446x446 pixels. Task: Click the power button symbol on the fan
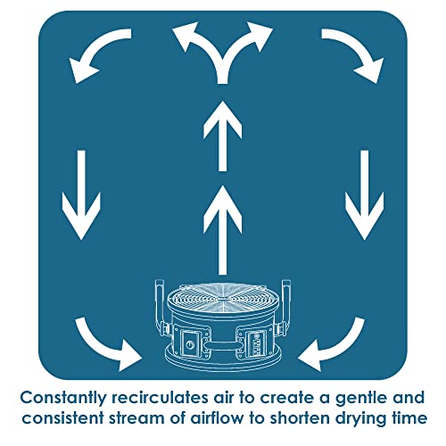coord(190,345)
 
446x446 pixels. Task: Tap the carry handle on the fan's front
coord(222,346)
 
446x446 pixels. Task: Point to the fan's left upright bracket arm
coord(160,305)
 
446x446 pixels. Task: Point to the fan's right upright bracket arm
coord(285,305)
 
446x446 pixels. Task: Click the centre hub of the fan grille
coord(222,298)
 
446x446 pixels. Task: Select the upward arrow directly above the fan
coord(222,230)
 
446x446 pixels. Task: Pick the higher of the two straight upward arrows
coord(222,136)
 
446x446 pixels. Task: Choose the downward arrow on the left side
coord(81,194)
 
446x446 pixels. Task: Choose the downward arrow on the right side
coord(365,194)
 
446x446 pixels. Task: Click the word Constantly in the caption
coord(63,399)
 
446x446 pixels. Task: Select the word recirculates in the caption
coord(161,398)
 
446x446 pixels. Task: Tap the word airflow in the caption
coord(218,418)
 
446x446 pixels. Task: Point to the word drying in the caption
coord(359,419)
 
